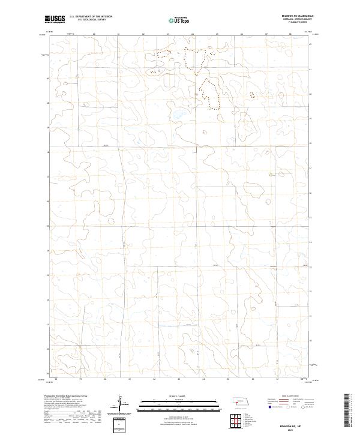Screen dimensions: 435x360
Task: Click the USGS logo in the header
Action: [55, 19]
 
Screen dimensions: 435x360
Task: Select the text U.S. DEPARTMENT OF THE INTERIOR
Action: [91, 17]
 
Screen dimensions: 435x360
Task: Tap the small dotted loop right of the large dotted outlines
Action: [251, 94]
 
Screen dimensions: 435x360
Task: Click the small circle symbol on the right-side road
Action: [271, 175]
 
